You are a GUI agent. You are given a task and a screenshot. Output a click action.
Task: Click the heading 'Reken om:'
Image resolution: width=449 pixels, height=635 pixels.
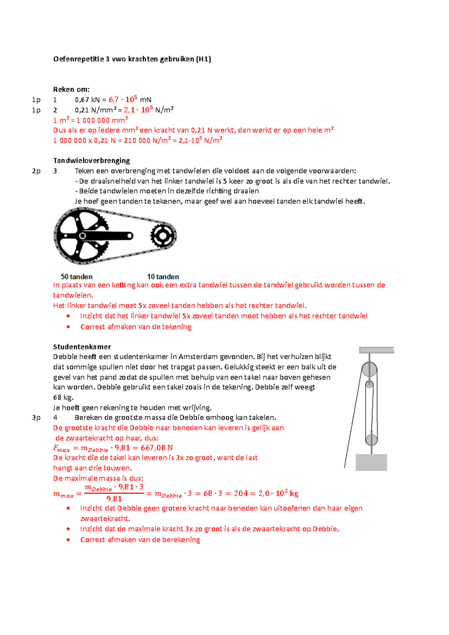[x=71, y=89]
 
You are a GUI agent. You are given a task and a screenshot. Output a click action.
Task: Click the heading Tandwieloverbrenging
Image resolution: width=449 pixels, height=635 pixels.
[x=91, y=161]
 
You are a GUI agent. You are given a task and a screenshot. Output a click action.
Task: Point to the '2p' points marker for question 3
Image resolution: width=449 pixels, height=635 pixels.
[x=36, y=171]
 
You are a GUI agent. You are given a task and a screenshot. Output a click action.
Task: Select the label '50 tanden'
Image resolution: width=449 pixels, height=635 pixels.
[x=77, y=277]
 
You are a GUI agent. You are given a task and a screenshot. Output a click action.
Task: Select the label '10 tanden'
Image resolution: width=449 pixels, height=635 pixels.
[x=163, y=277]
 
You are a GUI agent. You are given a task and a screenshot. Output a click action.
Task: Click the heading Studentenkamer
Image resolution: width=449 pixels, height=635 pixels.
[x=82, y=347]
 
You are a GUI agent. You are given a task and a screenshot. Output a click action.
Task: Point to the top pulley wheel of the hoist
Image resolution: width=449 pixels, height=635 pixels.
[x=369, y=370]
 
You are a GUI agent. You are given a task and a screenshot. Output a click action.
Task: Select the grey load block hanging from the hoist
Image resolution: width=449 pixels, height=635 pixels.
[x=371, y=462]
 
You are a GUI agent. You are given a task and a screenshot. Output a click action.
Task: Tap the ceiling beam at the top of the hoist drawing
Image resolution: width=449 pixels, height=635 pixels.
[x=376, y=350]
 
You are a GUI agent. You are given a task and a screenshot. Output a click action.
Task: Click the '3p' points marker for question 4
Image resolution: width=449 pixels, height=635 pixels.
[x=36, y=417]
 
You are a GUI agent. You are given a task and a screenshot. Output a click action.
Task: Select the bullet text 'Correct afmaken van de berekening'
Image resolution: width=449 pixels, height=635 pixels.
[x=140, y=540]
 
